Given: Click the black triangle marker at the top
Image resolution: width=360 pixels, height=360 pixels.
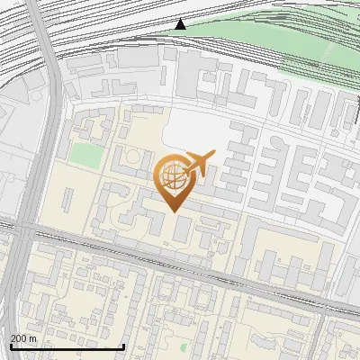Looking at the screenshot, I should (x=181, y=24).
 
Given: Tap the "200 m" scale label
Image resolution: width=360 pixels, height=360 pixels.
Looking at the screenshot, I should (x=23, y=338).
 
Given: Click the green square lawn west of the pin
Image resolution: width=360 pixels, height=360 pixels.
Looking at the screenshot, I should (x=85, y=155).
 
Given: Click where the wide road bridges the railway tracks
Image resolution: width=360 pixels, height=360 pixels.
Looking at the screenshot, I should (x=43, y=36).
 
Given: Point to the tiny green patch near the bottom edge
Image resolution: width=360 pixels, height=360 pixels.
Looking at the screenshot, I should (x=185, y=346).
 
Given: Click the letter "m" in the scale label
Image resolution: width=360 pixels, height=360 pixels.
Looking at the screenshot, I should (x=32, y=338).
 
